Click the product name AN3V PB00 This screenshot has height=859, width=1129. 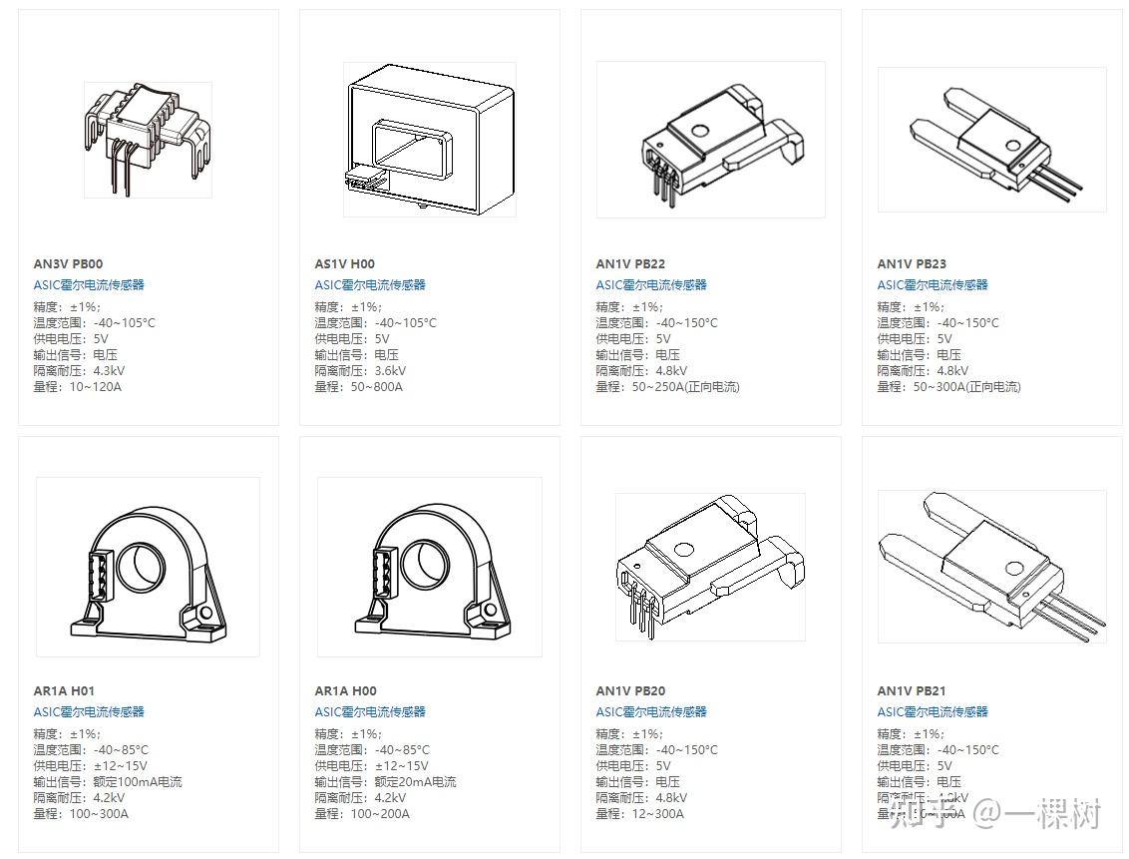pyautogui.click(x=68, y=264)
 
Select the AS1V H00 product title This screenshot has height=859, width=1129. pyautogui.click(x=345, y=264)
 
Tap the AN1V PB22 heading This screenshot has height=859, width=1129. pyautogui.click(x=630, y=264)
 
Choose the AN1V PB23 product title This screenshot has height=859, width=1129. pyautogui.click(x=912, y=264)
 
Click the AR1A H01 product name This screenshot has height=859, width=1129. pyautogui.click(x=64, y=691)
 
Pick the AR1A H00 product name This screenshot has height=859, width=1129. pyautogui.click(x=346, y=691)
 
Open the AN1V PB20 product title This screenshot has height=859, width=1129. pyautogui.click(x=630, y=691)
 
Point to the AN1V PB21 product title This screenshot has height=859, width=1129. pyautogui.click(x=912, y=691)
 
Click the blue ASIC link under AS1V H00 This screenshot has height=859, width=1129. pyautogui.click(x=370, y=285)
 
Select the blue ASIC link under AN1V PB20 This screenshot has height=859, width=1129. pyautogui.click(x=651, y=712)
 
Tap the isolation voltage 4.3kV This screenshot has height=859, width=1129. pyautogui.click(x=110, y=371)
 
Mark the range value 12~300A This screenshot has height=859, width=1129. pyautogui.click(x=658, y=814)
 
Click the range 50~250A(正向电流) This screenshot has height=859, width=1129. pyautogui.click(x=686, y=387)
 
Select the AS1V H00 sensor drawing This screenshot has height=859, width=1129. pyautogui.click(x=430, y=140)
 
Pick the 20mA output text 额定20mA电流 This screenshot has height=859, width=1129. pyautogui.click(x=416, y=782)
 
